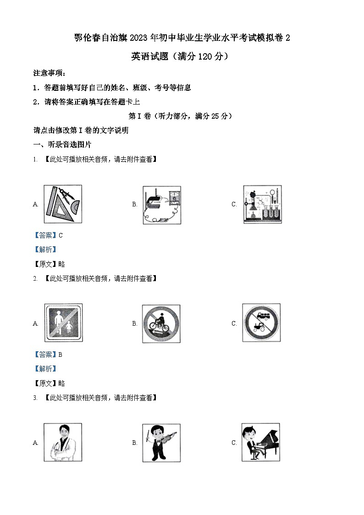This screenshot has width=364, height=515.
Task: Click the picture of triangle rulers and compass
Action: point(63,204)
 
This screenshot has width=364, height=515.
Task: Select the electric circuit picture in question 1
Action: point(161,204)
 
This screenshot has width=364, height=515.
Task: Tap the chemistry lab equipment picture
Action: point(262,204)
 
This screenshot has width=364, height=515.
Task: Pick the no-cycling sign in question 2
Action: point(161,323)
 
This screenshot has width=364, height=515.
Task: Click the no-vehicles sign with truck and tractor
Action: point(261,323)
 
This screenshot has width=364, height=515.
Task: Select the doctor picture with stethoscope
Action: point(62,442)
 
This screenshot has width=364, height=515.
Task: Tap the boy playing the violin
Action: point(161,442)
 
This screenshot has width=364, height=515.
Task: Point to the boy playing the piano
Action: point(260,442)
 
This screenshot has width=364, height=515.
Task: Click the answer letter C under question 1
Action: point(61,235)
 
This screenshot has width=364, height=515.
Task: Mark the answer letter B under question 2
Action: point(61,354)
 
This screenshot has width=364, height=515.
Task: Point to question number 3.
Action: point(35,398)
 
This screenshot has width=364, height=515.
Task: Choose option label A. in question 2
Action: point(35,323)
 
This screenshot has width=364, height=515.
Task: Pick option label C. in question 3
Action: point(234,443)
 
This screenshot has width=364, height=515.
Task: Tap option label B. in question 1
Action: point(135,205)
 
